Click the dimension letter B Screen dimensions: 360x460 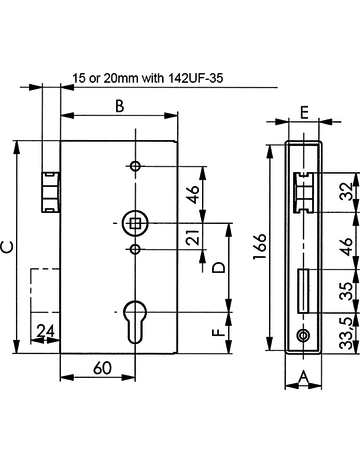tap(119, 106)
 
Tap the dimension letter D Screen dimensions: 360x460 tap(219, 268)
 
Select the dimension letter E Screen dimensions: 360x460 tap(304, 112)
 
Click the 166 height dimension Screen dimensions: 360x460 tap(260, 246)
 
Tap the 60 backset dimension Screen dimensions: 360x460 tap(102, 368)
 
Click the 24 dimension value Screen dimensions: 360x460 tap(45, 331)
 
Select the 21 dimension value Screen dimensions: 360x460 tap(194, 237)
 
